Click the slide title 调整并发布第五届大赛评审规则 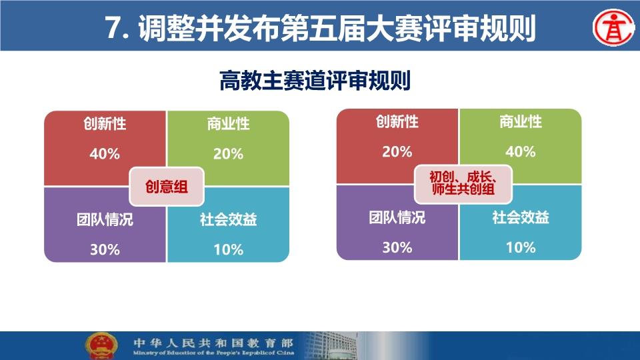pos(337,28)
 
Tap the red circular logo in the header pos(613,28)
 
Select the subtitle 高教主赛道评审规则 pos(315,81)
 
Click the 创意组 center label pos(167,187)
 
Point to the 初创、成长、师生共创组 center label pos(463,184)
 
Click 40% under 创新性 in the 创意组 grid pos(105,154)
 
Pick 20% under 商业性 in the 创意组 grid pos(228,154)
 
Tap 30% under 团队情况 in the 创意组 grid pos(105,249)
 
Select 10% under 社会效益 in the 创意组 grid pos(228,249)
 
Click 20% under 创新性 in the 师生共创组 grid pos(397,152)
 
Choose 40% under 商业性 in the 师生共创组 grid pos(521,152)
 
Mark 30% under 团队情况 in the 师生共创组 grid pos(397,247)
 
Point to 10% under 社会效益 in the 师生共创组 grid pos(521,247)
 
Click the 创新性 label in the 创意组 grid pos(105,123)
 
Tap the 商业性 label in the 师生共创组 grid pos(521,121)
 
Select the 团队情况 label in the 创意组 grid pos(105,219)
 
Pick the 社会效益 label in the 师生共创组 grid pos(521,217)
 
